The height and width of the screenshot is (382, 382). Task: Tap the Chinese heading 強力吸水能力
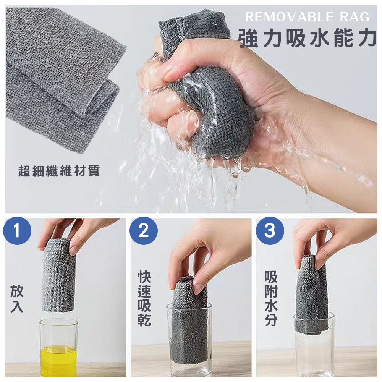308,38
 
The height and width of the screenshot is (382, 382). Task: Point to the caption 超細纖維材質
59,171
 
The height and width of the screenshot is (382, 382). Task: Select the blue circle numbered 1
17,230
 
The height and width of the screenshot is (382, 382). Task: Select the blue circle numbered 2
144,230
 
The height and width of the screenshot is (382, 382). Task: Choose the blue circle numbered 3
270,230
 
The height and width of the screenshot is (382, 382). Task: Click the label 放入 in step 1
17,299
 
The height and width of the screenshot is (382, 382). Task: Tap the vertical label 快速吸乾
144,298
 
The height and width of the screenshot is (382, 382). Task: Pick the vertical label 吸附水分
271,298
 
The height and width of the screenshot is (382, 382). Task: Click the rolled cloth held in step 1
58,276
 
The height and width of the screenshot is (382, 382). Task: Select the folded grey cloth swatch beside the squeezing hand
63,78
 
